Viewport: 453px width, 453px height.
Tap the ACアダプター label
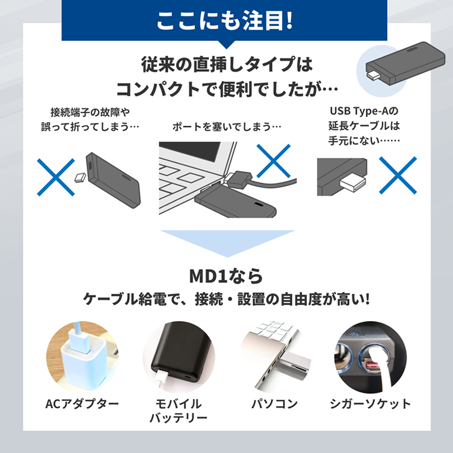click(x=82, y=404)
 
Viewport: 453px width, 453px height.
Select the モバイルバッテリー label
click(x=178, y=411)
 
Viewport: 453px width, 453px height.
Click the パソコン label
click(x=275, y=404)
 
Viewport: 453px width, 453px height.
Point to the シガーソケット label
click(x=370, y=404)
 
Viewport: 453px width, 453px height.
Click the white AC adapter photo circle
click(x=82, y=357)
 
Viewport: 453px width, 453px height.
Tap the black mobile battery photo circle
click(x=178, y=357)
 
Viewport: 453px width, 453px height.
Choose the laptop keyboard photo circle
click(x=275, y=357)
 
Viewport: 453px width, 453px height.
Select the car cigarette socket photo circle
click(x=370, y=357)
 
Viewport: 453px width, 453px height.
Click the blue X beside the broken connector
click(x=57, y=177)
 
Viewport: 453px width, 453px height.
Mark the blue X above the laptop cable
click(x=273, y=161)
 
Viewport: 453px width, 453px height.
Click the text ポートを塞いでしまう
click(x=226, y=126)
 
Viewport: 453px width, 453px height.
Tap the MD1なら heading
click(x=226, y=276)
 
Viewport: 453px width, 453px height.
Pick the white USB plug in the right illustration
click(x=352, y=183)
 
